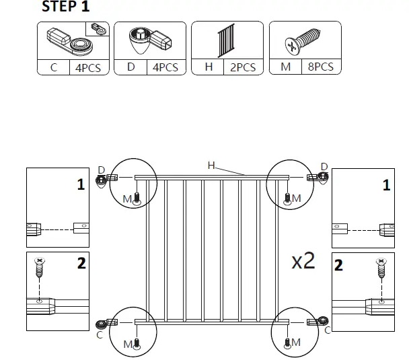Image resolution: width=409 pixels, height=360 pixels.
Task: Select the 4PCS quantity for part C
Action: [89, 67]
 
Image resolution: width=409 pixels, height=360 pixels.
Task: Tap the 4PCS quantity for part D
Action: [165, 67]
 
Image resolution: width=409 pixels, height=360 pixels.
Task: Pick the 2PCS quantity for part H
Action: [243, 67]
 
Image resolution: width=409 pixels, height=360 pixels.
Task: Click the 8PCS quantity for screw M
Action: [320, 67]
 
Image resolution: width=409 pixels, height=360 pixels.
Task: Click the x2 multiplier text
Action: [303, 261]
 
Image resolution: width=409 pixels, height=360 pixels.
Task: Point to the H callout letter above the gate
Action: [211, 165]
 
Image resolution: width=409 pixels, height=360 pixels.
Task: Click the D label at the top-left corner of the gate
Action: [102, 168]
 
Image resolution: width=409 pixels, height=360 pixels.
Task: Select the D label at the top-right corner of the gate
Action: [324, 166]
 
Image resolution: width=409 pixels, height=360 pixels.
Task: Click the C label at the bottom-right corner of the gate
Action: [328, 330]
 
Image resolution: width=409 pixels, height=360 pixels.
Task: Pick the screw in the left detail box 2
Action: [40, 270]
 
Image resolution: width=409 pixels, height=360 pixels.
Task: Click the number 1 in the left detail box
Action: [81, 184]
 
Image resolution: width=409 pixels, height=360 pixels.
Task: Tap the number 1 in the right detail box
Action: [385, 185]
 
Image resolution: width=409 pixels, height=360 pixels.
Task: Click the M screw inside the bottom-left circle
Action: [137, 343]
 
